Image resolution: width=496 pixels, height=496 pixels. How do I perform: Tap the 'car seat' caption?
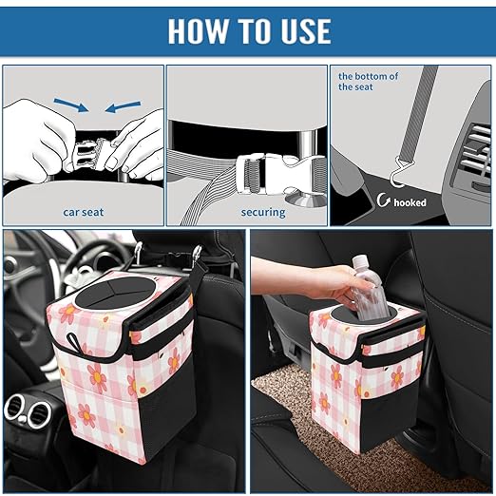point(84,212)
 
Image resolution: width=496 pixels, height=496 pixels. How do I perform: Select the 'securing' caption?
point(262,212)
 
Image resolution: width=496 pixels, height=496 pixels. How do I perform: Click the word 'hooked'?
point(410,202)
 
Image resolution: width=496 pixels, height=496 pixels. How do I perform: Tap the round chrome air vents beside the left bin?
point(29,413)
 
